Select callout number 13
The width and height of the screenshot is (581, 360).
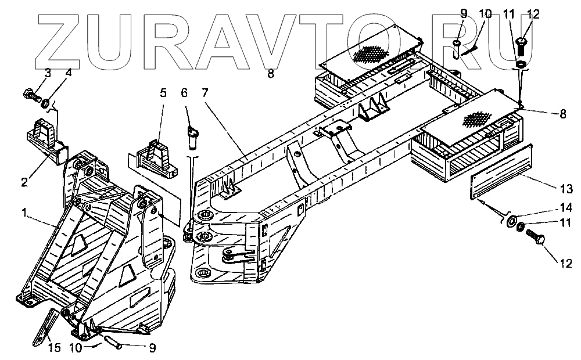click(566, 189)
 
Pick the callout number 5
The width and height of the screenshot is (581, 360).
click(163, 93)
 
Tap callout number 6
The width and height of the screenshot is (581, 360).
click(185, 93)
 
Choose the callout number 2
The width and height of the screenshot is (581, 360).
click(24, 182)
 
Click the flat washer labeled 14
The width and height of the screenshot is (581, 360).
click(512, 222)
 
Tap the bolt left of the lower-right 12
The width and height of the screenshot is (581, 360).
click(535, 237)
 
